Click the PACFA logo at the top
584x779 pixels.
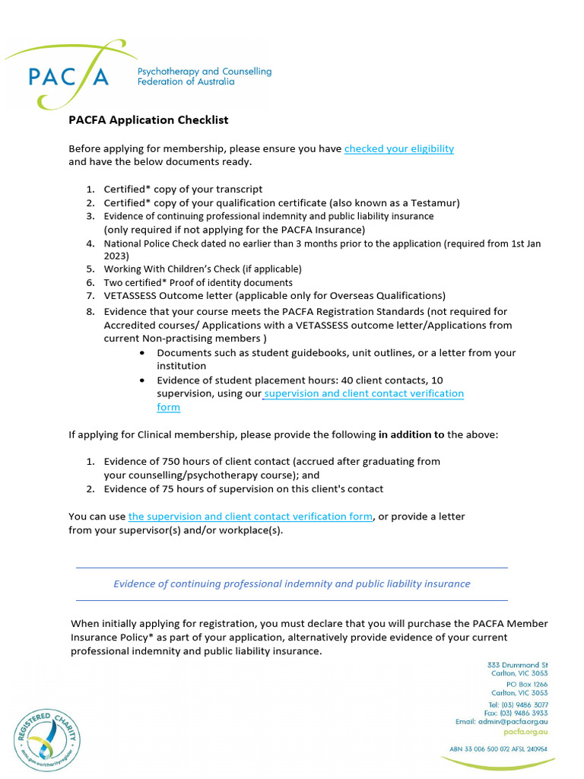click(x=68, y=75)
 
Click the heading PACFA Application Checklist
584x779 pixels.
click(x=148, y=120)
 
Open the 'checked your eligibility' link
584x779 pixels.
click(x=398, y=149)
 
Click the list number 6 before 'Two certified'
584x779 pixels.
click(x=89, y=282)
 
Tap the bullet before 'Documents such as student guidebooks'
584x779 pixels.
click(x=144, y=353)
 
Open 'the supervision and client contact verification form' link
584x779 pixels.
click(x=250, y=517)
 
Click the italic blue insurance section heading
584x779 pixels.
click(x=291, y=583)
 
